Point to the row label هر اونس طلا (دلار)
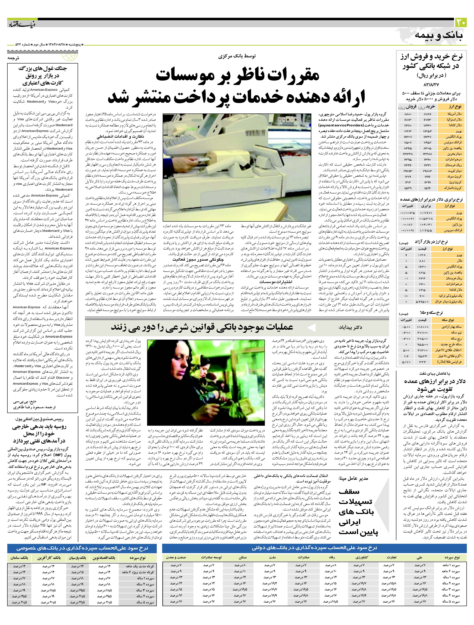coord(451,362)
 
